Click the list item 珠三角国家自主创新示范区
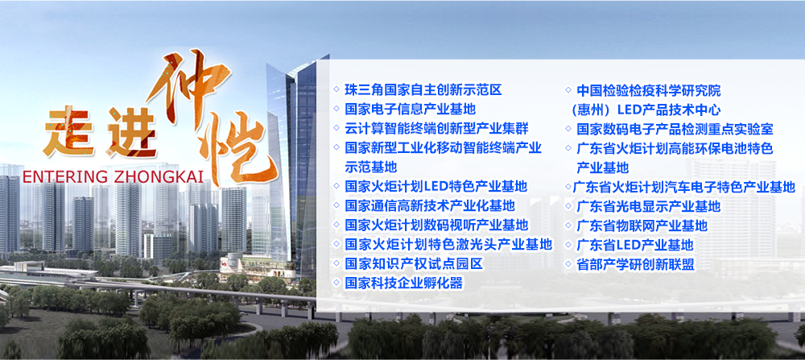point(423,90)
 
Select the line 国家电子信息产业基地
point(411,109)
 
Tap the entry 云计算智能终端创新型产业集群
point(436,128)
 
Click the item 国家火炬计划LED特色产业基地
point(436,186)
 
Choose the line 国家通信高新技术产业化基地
point(430,206)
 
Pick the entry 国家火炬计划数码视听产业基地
point(436,225)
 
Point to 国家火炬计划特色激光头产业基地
point(448,244)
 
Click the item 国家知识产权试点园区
point(414,264)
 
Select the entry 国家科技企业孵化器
point(403,283)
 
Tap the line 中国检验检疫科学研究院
point(648,91)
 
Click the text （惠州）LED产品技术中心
point(645,110)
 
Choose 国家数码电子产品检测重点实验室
point(675,129)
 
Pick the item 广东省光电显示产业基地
point(648,206)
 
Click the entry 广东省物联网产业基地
point(642,226)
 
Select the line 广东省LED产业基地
point(634,245)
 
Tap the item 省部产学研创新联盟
point(635,264)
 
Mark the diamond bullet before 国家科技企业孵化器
point(336,282)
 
